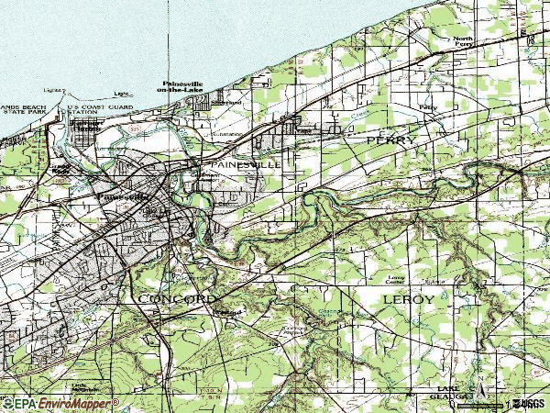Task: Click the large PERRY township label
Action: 391,140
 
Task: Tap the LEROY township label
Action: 405,300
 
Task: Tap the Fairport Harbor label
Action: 83,126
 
